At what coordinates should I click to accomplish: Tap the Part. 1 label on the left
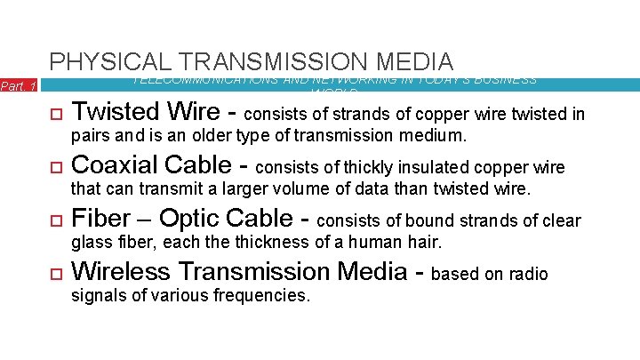click(x=18, y=86)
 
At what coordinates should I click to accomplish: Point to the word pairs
click(x=88, y=137)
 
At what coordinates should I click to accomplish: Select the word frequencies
click(x=264, y=295)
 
